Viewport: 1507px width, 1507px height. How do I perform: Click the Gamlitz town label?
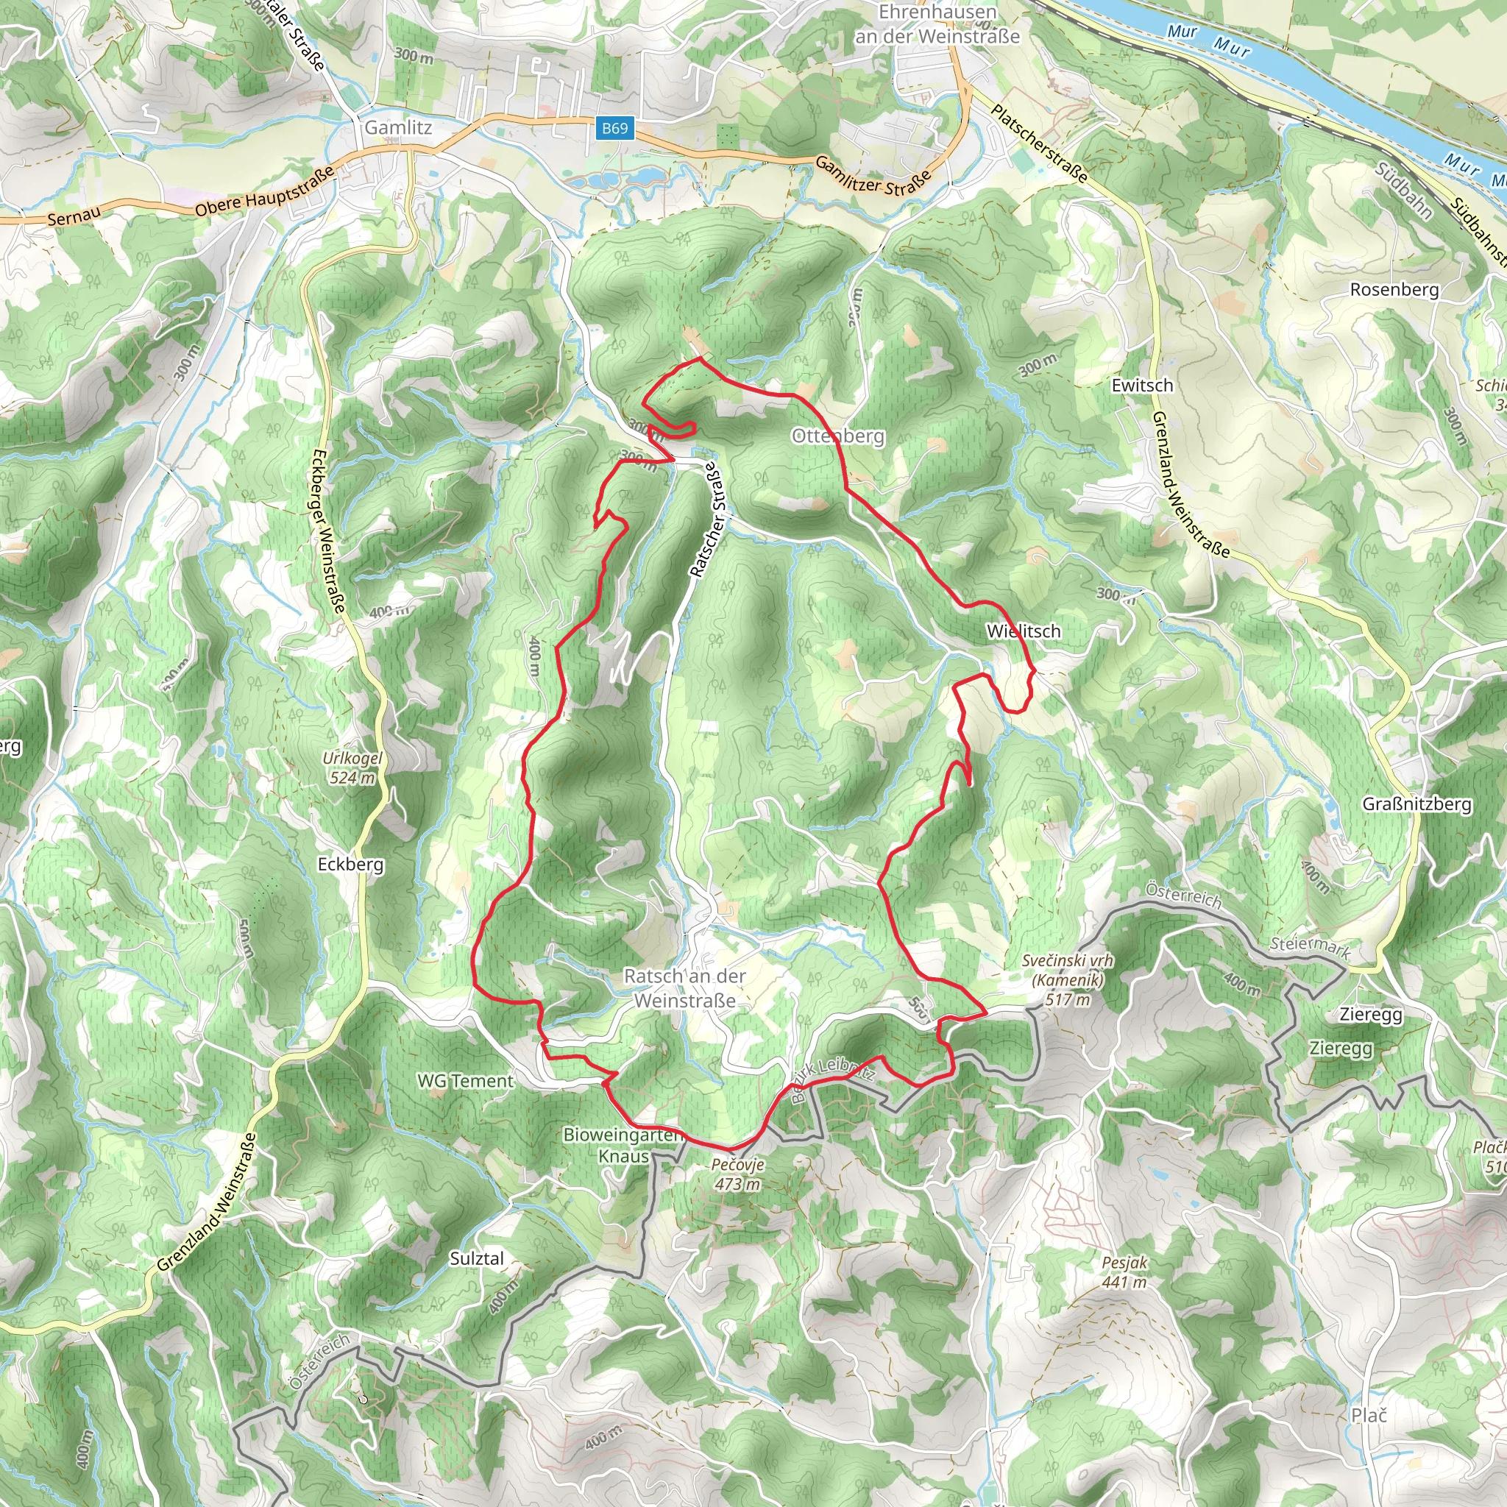point(398,127)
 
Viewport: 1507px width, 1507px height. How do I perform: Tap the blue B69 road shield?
point(614,128)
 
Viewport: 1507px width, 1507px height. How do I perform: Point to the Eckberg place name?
point(350,865)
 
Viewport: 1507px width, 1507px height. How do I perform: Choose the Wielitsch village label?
point(1024,631)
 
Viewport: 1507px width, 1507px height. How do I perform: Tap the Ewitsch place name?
point(1142,386)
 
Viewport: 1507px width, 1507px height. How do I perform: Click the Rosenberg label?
point(1394,289)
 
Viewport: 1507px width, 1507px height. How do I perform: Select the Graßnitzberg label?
point(1417,804)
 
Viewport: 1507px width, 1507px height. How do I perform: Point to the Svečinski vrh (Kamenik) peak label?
point(1067,979)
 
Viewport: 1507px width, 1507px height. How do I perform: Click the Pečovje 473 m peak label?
point(737,1174)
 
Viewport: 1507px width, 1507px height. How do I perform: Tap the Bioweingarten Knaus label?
point(623,1145)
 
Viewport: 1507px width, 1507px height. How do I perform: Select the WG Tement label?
point(465,1081)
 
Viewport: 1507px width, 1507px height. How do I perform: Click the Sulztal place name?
point(477,1258)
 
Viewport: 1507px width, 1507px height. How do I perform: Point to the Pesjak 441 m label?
point(1124,1272)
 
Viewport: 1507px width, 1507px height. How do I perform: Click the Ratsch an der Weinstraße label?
point(685,987)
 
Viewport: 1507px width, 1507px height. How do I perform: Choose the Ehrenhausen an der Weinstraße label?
point(937,24)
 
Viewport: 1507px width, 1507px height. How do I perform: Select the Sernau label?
point(74,218)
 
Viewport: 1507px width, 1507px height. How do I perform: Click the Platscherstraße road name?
point(1039,143)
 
